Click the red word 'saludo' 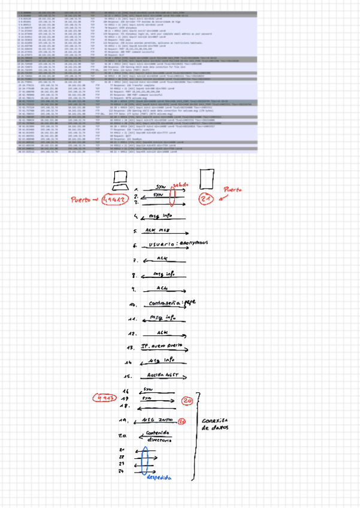(181, 185)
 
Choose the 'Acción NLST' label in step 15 (161, 376)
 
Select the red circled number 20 (187, 400)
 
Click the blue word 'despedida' (159, 478)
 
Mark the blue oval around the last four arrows (147, 461)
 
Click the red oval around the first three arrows (173, 195)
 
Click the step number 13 (129, 347)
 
